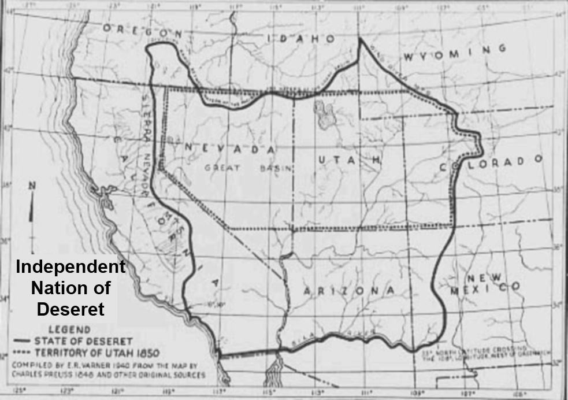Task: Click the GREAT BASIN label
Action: pyautogui.click(x=249, y=168)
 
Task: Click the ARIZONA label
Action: pyautogui.click(x=348, y=290)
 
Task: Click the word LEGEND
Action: pyautogui.click(x=56, y=329)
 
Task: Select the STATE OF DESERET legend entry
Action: pyautogui.click(x=84, y=340)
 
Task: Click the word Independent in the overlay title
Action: pyautogui.click(x=70, y=268)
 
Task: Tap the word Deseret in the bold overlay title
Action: pyautogui.click(x=70, y=309)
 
